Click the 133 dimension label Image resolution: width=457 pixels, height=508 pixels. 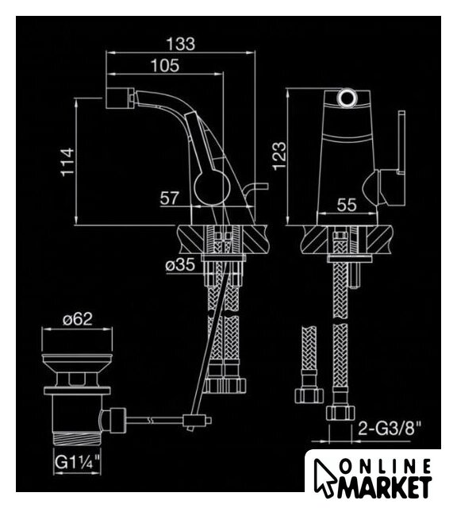(x=181, y=44)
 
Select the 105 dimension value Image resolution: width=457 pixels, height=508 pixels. (x=165, y=66)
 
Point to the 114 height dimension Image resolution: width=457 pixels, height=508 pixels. (x=67, y=162)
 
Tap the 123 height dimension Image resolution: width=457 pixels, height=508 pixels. (x=279, y=156)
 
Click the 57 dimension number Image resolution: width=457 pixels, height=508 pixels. (x=169, y=198)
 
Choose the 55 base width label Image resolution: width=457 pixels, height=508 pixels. (x=347, y=205)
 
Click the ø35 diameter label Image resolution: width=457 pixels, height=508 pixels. (x=180, y=264)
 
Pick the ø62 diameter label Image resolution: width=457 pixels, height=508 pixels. (x=78, y=319)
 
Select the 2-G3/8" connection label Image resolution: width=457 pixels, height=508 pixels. (x=390, y=429)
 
